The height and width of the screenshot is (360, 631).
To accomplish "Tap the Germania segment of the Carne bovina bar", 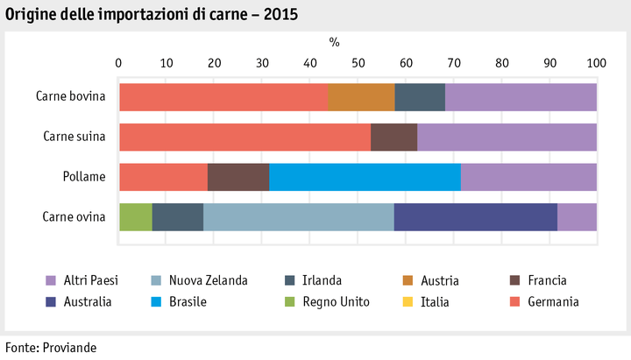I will click(x=223, y=97).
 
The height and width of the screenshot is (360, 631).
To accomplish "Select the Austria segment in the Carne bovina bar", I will click(x=361, y=97).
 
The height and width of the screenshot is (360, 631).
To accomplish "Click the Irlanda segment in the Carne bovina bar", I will click(x=420, y=97).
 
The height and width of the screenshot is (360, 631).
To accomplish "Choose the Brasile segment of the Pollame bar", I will click(x=365, y=177).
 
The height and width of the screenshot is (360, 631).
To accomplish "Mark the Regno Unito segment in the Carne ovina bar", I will click(x=136, y=216).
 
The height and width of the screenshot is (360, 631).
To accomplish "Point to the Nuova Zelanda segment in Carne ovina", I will click(x=298, y=216).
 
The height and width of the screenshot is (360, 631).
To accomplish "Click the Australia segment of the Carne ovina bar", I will click(x=475, y=216).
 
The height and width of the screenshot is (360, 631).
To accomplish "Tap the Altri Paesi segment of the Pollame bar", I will click(x=528, y=177).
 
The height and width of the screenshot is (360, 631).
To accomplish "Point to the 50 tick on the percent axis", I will click(x=358, y=63).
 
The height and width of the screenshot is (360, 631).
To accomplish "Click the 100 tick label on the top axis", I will click(x=596, y=63).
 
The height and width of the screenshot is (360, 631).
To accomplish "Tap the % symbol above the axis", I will click(x=334, y=42).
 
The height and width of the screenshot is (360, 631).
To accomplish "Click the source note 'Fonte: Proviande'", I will click(x=50, y=347).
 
